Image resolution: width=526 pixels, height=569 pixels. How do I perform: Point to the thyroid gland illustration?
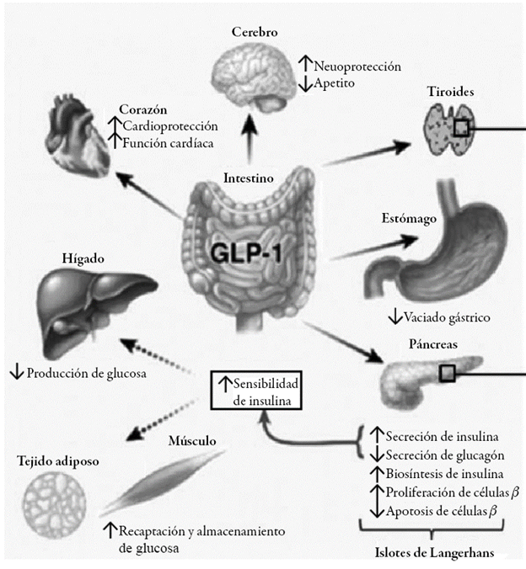443,130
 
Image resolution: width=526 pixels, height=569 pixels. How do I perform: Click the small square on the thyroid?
460,128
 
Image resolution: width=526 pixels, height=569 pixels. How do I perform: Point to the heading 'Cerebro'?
255,32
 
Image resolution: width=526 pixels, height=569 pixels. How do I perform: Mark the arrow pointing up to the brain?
250,140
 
